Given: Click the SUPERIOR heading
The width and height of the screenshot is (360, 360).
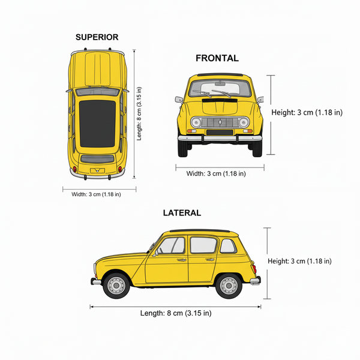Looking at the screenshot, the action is [97, 37].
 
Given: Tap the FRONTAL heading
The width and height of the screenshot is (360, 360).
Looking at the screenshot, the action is [217, 58].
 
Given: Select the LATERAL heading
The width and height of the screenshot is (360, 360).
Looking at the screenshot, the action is [182, 213].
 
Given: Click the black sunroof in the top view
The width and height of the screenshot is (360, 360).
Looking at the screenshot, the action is [97, 124].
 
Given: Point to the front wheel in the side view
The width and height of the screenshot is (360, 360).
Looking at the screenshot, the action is [116, 286].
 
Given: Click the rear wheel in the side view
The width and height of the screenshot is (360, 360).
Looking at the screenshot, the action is [229, 286].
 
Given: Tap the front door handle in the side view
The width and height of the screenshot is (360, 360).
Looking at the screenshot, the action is [181, 260].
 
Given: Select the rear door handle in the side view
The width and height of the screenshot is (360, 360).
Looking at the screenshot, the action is [210, 260].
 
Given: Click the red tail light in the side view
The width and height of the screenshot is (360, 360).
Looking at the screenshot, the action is [254, 269].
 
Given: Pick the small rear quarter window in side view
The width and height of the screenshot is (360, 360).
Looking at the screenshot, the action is [228, 246].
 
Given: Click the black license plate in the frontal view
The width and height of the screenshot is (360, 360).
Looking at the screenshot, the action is [220, 132].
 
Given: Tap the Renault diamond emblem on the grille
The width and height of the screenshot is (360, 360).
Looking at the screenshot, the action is [220, 122].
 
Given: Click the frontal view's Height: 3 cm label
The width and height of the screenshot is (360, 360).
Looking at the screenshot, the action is [307, 113].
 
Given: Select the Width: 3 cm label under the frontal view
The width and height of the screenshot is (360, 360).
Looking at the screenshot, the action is [216, 173].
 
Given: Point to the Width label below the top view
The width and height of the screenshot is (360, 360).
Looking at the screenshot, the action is [96, 194].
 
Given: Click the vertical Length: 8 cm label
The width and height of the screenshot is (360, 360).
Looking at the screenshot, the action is [139, 113].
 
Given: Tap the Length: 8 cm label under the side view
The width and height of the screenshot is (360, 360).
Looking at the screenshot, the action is [176, 313].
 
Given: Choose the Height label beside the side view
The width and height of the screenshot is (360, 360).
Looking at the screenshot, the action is [299, 261].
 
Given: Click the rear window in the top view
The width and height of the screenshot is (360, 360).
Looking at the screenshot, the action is [97, 159].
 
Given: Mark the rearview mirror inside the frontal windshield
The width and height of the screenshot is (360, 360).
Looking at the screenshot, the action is [220, 83].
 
